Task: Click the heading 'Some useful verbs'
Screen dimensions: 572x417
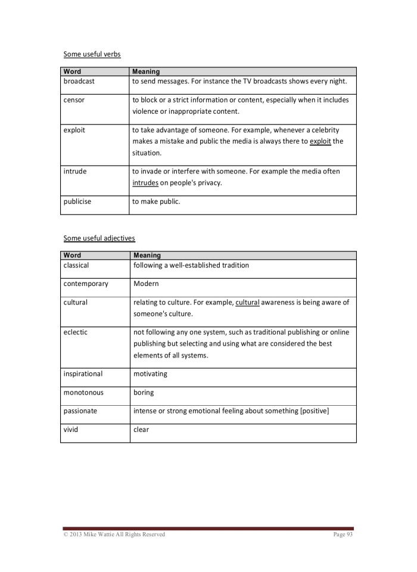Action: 92,54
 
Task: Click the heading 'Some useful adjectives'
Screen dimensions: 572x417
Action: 99,238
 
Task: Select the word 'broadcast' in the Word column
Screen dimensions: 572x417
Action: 79,81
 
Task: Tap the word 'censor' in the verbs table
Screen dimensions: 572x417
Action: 74,100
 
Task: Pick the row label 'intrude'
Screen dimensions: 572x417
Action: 75,172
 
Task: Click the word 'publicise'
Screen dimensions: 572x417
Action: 77,201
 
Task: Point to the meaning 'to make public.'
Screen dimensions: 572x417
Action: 156,201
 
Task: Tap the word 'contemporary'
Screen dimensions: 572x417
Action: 86,284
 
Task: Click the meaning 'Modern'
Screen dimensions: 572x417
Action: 146,284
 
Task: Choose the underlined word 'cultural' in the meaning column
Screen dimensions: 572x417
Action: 248,302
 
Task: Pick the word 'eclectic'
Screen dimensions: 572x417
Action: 75,332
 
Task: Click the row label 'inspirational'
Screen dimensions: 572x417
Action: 83,374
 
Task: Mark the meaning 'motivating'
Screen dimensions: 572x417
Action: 150,374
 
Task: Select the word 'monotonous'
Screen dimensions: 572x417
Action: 83,393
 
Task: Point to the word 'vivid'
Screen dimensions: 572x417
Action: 71,430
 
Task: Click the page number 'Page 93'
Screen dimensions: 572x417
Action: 343,534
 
